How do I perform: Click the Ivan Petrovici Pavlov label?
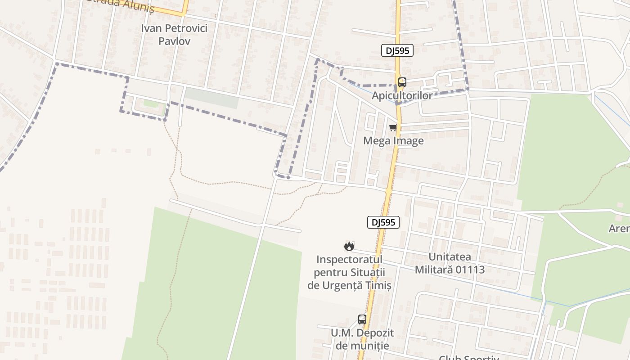[x=174, y=35]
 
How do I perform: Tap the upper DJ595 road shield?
[x=397, y=50]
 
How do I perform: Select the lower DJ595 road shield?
[x=383, y=222]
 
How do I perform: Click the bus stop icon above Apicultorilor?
[x=402, y=82]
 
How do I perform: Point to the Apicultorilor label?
[x=402, y=95]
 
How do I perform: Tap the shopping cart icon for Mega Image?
[x=393, y=128]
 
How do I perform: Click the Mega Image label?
[x=393, y=141]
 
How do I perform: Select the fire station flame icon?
[x=349, y=246]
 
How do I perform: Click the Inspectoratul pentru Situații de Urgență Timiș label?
[x=349, y=272]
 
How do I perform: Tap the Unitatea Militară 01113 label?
[x=450, y=263]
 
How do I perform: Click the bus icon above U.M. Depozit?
[x=362, y=319]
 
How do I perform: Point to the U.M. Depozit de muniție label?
[x=364, y=339]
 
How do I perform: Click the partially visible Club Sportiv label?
[x=469, y=358]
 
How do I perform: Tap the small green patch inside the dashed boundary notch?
[x=150, y=104]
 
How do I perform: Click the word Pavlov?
[x=175, y=41]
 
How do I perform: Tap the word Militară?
[x=432, y=270]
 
